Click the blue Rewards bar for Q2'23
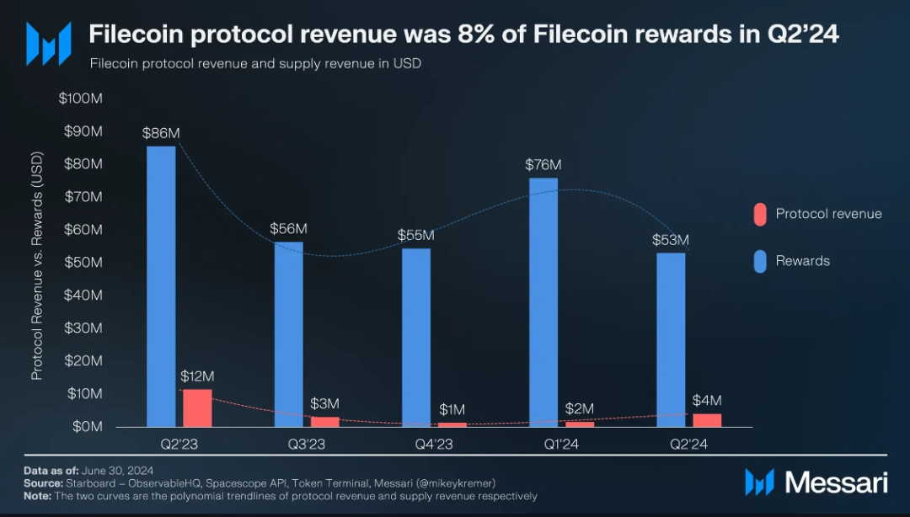click(161, 286)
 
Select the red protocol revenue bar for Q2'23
click(197, 408)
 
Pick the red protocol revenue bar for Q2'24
click(707, 420)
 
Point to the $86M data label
click(161, 133)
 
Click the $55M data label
click(416, 235)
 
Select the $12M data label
click(197, 376)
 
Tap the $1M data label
click(452, 409)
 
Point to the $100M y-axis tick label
click(81, 99)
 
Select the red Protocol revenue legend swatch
click(758, 214)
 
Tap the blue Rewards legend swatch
click(758, 261)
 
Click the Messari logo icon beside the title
click(48, 43)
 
